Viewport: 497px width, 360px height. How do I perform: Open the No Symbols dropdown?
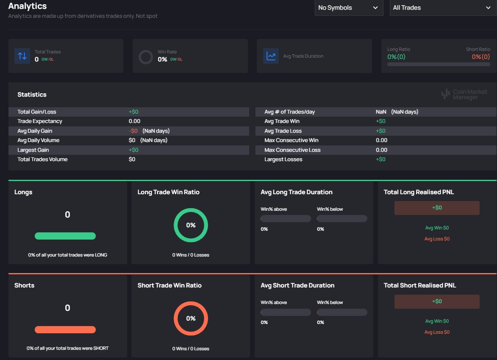pyautogui.click(x=348, y=8)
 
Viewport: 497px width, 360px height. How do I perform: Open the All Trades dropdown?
pyautogui.click(x=441, y=8)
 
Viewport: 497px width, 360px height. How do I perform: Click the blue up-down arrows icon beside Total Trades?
pyautogui.click(x=22, y=56)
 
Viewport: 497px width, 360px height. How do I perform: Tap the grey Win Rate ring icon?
pyautogui.click(x=146, y=56)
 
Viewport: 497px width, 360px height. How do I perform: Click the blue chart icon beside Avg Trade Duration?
pyautogui.click(x=271, y=56)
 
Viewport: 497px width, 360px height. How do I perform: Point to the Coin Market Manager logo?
pyautogui.click(x=464, y=94)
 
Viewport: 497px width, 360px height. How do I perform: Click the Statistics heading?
pyautogui.click(x=32, y=95)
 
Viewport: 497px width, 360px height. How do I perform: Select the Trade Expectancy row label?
pyautogui.click(x=40, y=121)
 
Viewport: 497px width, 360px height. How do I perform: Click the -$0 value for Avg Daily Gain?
pyautogui.click(x=133, y=131)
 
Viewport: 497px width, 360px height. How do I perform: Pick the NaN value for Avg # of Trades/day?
pyautogui.click(x=381, y=112)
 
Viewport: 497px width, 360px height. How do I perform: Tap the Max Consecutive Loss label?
pyautogui.click(x=292, y=150)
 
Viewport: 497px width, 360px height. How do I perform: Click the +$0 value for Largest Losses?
pyautogui.click(x=380, y=159)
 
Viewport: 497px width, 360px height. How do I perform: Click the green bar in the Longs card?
pyautogui.click(x=65, y=236)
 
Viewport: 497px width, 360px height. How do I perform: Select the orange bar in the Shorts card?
pyautogui.click(x=65, y=329)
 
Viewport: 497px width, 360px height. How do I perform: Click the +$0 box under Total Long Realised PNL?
pyautogui.click(x=437, y=208)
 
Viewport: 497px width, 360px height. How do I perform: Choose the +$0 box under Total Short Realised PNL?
pyautogui.click(x=437, y=301)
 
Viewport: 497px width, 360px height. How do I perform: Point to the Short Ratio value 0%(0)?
pyautogui.click(x=480, y=57)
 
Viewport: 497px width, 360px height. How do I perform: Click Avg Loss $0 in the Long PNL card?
pyautogui.click(x=437, y=239)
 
